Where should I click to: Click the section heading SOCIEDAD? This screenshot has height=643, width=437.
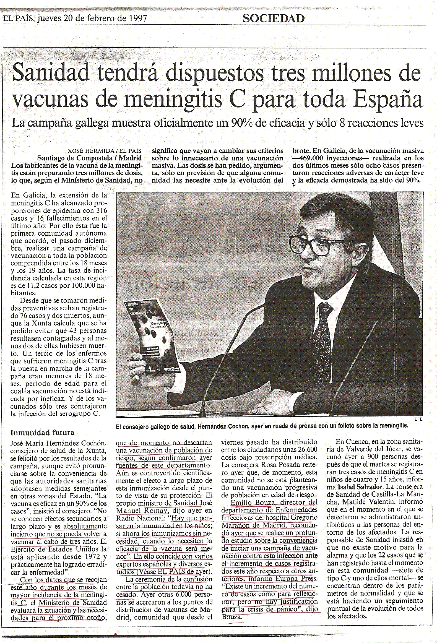tap(273, 19)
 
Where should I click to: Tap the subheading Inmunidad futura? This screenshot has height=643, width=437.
tap(42, 432)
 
